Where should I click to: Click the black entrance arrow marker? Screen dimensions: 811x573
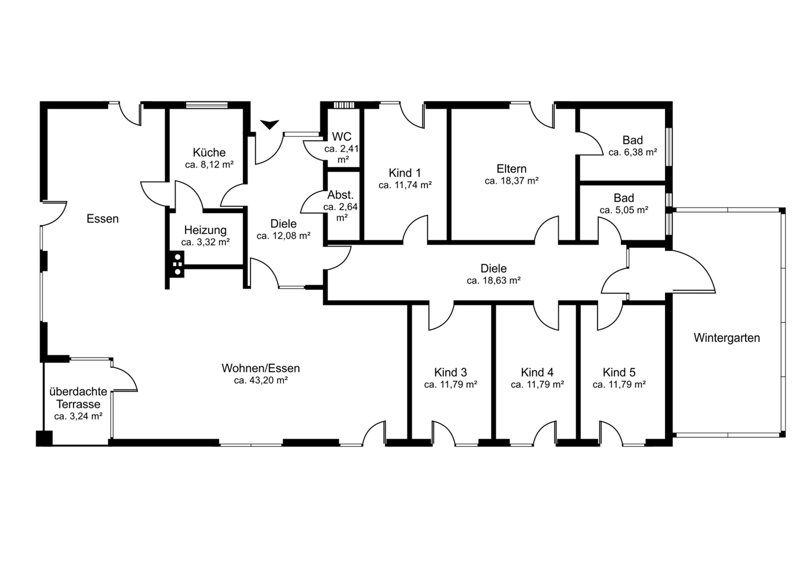[x=270, y=124]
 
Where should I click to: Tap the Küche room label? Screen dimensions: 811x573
[x=209, y=152]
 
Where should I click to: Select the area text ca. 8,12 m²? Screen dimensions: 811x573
[x=209, y=165]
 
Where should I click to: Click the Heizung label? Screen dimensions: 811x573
[x=205, y=229]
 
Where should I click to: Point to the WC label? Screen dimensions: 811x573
[x=342, y=136]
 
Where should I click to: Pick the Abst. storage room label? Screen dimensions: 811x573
[x=340, y=195]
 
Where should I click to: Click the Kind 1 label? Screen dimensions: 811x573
[x=405, y=173]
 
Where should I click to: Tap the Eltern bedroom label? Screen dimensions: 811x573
[x=511, y=169]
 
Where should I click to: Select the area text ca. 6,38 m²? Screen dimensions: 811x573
[x=633, y=152]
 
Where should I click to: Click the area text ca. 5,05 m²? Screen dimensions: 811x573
[x=624, y=210]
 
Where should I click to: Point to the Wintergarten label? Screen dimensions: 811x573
[x=726, y=338]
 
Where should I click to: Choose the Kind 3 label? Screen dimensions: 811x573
[x=450, y=372]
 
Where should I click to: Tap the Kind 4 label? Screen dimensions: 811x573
[x=537, y=372]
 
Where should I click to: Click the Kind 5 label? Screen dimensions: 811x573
[x=619, y=372]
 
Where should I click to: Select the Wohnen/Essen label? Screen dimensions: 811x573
[x=261, y=368]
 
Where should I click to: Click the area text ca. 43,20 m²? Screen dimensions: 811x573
[x=261, y=380]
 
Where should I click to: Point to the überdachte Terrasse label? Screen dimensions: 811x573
[x=78, y=397]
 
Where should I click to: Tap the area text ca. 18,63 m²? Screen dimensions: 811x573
[x=493, y=280]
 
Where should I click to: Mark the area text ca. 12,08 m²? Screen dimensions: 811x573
[x=283, y=236]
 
